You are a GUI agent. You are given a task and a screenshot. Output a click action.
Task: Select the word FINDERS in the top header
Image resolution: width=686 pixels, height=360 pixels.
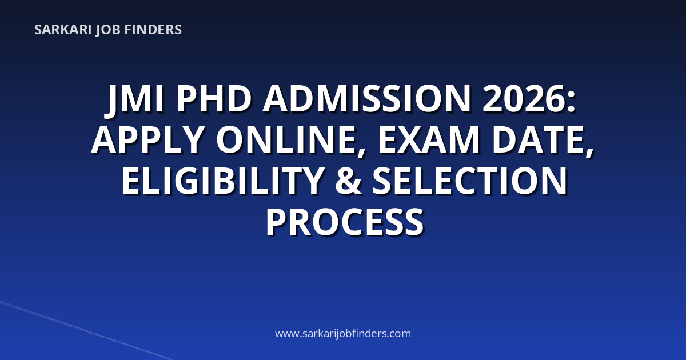(x=153, y=30)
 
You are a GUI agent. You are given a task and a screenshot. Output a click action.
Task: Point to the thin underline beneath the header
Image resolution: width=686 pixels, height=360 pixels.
(x=97, y=43)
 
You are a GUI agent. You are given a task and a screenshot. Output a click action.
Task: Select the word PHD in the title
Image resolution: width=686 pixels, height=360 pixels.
(x=214, y=99)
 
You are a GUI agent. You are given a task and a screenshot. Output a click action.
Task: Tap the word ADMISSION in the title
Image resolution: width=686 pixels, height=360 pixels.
(x=367, y=99)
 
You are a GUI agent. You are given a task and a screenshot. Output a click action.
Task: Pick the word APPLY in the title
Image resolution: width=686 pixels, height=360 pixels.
(x=148, y=139)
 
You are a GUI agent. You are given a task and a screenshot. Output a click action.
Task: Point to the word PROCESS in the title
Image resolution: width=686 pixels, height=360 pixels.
(x=345, y=222)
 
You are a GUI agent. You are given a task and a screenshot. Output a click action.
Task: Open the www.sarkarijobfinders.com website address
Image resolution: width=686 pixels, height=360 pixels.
(x=343, y=333)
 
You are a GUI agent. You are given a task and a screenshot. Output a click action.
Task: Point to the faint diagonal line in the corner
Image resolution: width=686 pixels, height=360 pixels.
(x=86, y=331)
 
